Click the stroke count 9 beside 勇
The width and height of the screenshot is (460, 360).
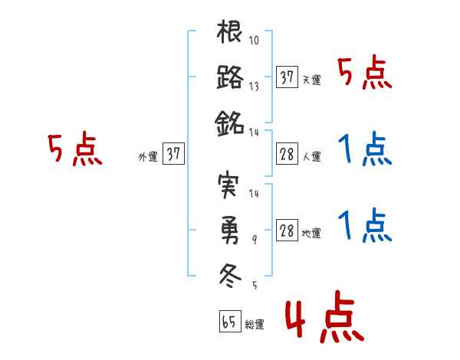click(x=256, y=239)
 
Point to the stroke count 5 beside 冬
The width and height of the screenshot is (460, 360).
click(x=255, y=285)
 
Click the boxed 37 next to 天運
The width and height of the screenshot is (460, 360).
click(x=287, y=77)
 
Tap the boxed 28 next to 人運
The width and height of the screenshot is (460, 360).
click(x=287, y=154)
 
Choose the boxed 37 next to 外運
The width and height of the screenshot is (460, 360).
click(x=173, y=154)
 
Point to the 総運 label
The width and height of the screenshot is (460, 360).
click(x=255, y=324)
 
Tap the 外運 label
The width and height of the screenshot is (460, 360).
click(x=147, y=156)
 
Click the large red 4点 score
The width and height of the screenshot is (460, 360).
click(x=323, y=320)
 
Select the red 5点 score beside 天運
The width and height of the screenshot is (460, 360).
click(x=365, y=74)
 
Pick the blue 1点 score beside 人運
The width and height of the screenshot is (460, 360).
click(x=365, y=150)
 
